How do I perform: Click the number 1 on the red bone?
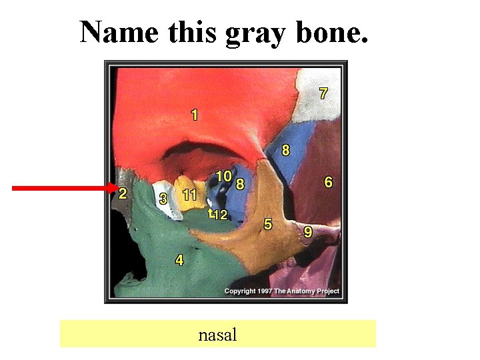click(194, 115)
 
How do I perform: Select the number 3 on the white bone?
click(163, 199)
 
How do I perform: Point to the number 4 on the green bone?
click(179, 260)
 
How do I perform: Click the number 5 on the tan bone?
click(268, 224)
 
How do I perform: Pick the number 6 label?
click(328, 181)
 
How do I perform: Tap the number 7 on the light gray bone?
click(323, 93)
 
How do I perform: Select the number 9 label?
click(308, 232)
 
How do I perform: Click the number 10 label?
click(223, 176)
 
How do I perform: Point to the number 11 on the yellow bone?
click(190, 195)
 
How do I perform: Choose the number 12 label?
click(220, 215)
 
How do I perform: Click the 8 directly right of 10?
click(240, 183)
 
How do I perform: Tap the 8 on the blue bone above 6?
click(286, 150)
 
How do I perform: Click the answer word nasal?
click(217, 334)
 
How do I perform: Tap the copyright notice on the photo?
click(281, 291)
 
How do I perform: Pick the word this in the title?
click(193, 31)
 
